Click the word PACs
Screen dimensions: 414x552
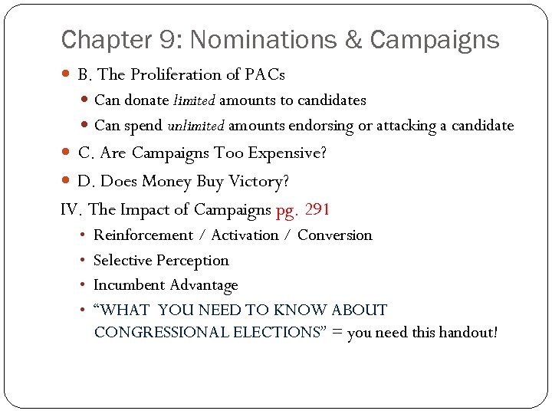click(264, 74)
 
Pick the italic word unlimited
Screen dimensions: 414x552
click(196, 126)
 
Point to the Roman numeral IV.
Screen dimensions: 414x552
click(71, 209)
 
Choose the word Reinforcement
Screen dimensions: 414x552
click(143, 235)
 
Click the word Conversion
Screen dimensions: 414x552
click(334, 235)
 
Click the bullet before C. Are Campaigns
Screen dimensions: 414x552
click(67, 153)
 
